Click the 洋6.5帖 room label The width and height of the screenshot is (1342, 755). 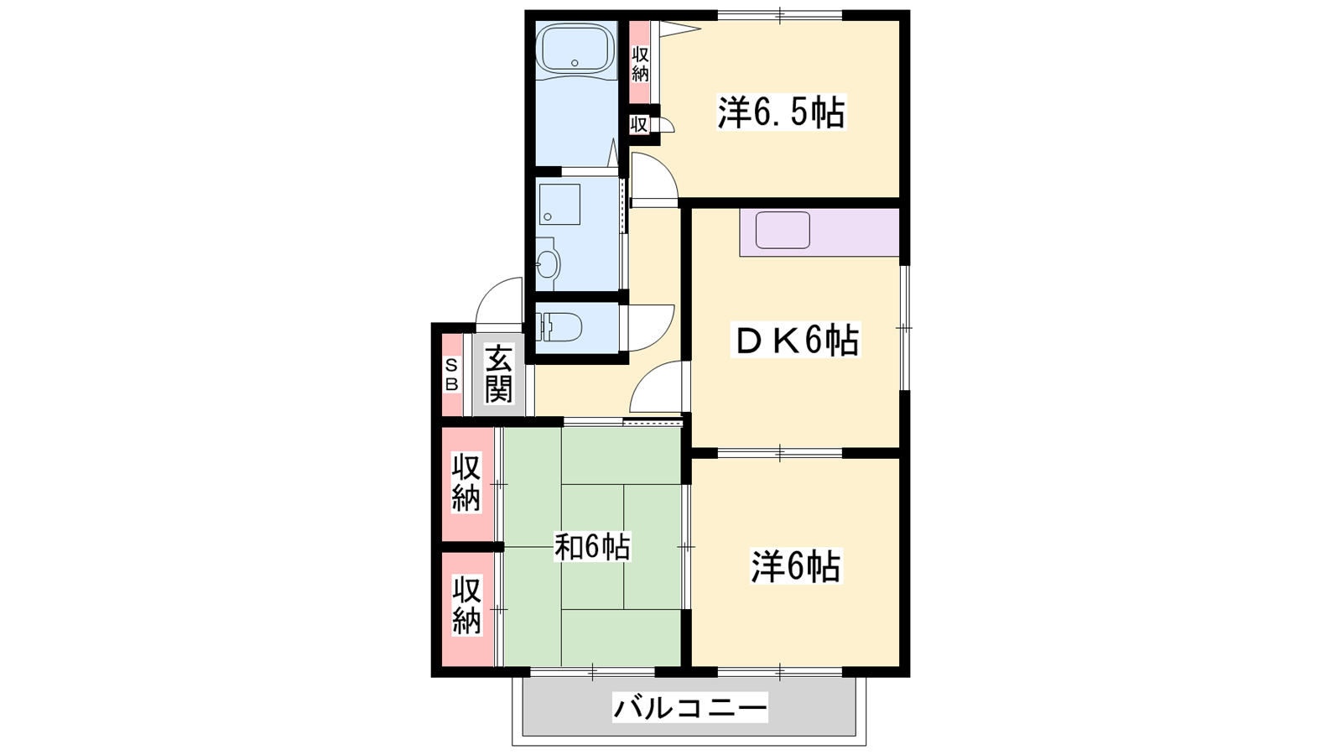click(x=781, y=112)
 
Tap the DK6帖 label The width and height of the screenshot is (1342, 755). click(x=796, y=341)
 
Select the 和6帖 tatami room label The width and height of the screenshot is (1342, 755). click(x=592, y=547)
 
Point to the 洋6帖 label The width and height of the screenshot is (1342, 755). click(x=796, y=566)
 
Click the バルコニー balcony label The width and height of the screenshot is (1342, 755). click(x=689, y=708)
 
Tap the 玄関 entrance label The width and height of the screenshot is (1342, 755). click(x=498, y=374)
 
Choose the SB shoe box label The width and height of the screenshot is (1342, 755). click(x=452, y=374)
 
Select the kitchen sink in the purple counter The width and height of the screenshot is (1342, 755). click(x=783, y=231)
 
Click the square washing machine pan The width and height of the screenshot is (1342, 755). click(x=559, y=205)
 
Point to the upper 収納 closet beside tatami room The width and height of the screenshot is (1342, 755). click(x=466, y=483)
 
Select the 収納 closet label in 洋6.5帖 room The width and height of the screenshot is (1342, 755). click(x=641, y=64)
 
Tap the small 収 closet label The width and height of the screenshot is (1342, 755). click(x=638, y=125)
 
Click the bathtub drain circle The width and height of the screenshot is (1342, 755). click(x=575, y=63)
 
